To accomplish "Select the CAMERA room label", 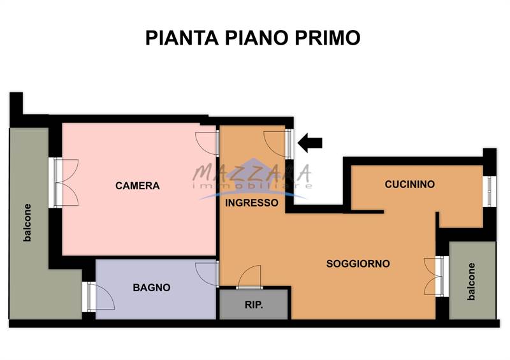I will point(137,186).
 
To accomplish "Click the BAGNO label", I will point(152,287).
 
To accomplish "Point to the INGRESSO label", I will point(252,203).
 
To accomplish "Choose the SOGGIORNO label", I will point(358,263).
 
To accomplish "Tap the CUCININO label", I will point(410,184).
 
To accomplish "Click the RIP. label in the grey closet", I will point(254,305).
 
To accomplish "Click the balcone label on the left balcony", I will point(27,222).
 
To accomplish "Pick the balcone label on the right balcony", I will point(471,281).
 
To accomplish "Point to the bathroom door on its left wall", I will point(100,297).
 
